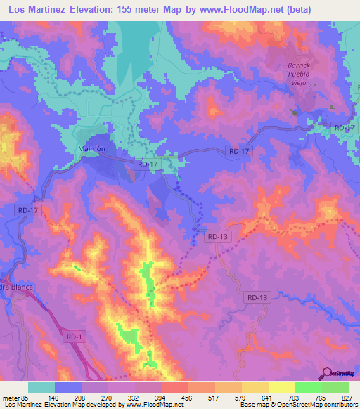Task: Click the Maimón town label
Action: click(90, 149)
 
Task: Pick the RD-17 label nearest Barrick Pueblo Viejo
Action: click(345, 128)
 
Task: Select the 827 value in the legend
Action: click(347, 397)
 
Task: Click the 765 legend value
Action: click(321, 397)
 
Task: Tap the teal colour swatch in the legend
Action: click(41, 387)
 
